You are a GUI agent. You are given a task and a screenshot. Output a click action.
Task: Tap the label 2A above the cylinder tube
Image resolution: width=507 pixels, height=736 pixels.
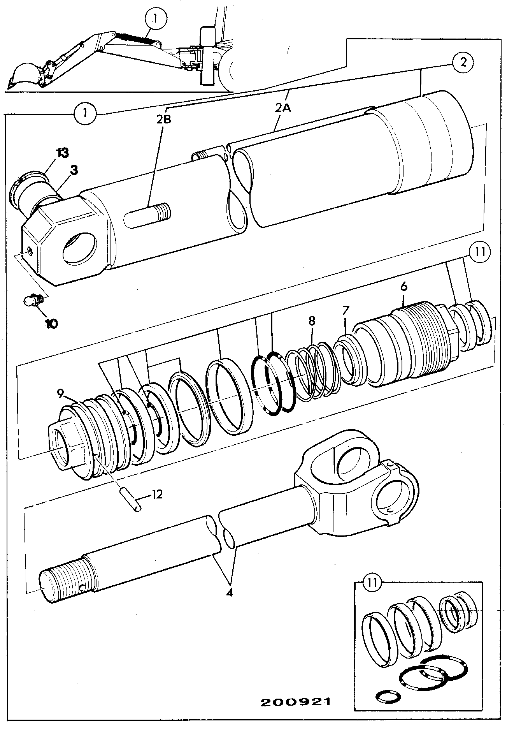283,108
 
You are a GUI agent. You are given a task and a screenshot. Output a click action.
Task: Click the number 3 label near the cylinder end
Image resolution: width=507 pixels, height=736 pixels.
74,170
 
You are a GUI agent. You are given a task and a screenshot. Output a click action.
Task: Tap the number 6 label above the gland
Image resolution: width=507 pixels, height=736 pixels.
403,287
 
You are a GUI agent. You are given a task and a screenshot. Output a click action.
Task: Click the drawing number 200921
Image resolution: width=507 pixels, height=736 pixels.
295,702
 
